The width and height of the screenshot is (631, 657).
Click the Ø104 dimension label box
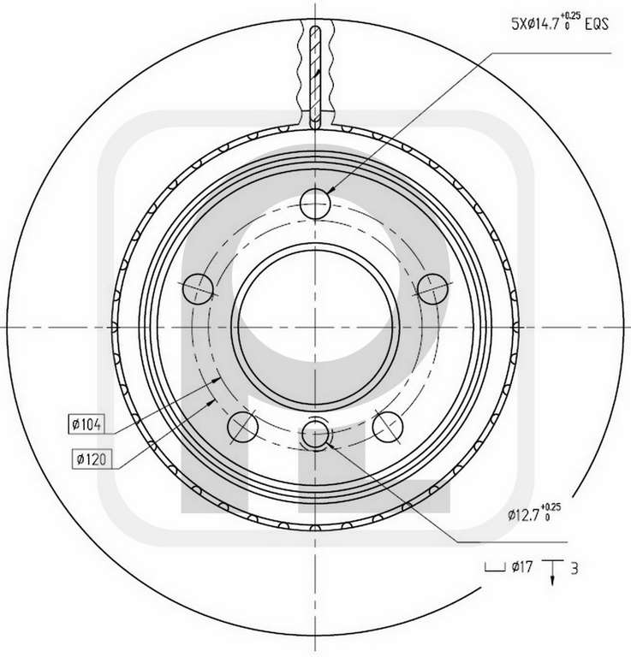pos(86,424)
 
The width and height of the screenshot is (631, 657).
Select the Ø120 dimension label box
pos(92,459)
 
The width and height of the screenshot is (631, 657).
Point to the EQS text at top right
pos(596,24)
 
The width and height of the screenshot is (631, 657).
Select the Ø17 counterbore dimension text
pos(522,567)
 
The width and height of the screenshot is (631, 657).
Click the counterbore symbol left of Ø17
pos(495,567)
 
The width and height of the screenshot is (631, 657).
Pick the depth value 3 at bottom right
pos(574,569)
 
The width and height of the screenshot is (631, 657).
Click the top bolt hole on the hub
pos(315,204)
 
